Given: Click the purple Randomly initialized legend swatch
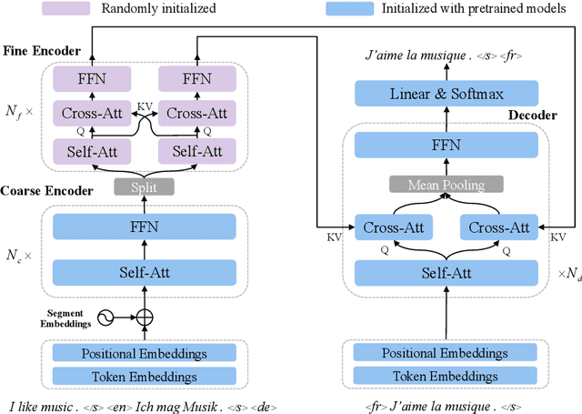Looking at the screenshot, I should [x=65, y=9].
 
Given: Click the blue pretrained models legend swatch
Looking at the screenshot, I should [x=351, y=9].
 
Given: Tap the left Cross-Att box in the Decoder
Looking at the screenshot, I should [x=393, y=227].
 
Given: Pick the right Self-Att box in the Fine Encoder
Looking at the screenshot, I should [x=196, y=149].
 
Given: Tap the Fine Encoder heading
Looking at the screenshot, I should [x=40, y=50].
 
